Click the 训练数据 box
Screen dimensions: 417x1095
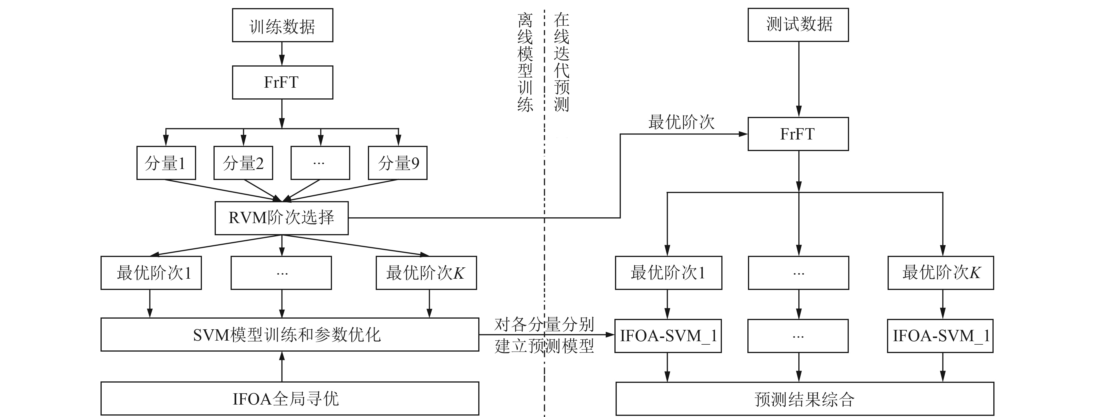click(282, 25)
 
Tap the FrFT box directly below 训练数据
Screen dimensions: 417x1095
click(282, 82)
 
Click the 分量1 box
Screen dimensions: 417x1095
click(166, 163)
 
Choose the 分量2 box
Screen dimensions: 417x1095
click(243, 163)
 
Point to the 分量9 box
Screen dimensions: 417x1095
click(397, 163)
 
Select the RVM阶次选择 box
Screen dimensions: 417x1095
click(281, 218)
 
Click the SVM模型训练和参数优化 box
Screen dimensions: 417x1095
click(289, 335)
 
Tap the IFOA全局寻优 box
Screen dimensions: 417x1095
click(289, 398)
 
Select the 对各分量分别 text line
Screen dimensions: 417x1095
click(544, 324)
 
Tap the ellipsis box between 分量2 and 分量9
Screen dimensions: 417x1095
click(320, 163)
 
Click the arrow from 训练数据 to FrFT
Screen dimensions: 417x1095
click(282, 54)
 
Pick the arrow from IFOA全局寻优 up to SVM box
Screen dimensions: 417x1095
click(282, 366)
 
